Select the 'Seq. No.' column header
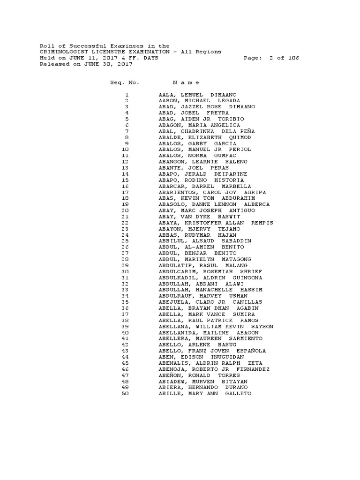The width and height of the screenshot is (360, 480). pyautogui.click(x=125, y=82)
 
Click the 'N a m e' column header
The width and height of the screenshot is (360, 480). pyautogui.click(x=180, y=82)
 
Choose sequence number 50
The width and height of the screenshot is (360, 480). pyautogui.click(x=125, y=394)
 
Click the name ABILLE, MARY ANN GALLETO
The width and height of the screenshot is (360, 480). pyautogui.click(x=205, y=394)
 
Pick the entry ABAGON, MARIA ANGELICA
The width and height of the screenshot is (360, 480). pyautogui.click(x=199, y=125)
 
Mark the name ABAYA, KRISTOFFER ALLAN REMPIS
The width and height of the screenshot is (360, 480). pyautogui.click(x=216, y=223)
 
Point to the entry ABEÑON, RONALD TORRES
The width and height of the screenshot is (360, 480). pyautogui.click(x=199, y=375)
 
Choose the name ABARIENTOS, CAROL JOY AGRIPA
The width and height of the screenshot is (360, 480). pyautogui.click(x=212, y=192)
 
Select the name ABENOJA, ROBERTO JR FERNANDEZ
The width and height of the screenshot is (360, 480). pyautogui.click(x=214, y=369)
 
